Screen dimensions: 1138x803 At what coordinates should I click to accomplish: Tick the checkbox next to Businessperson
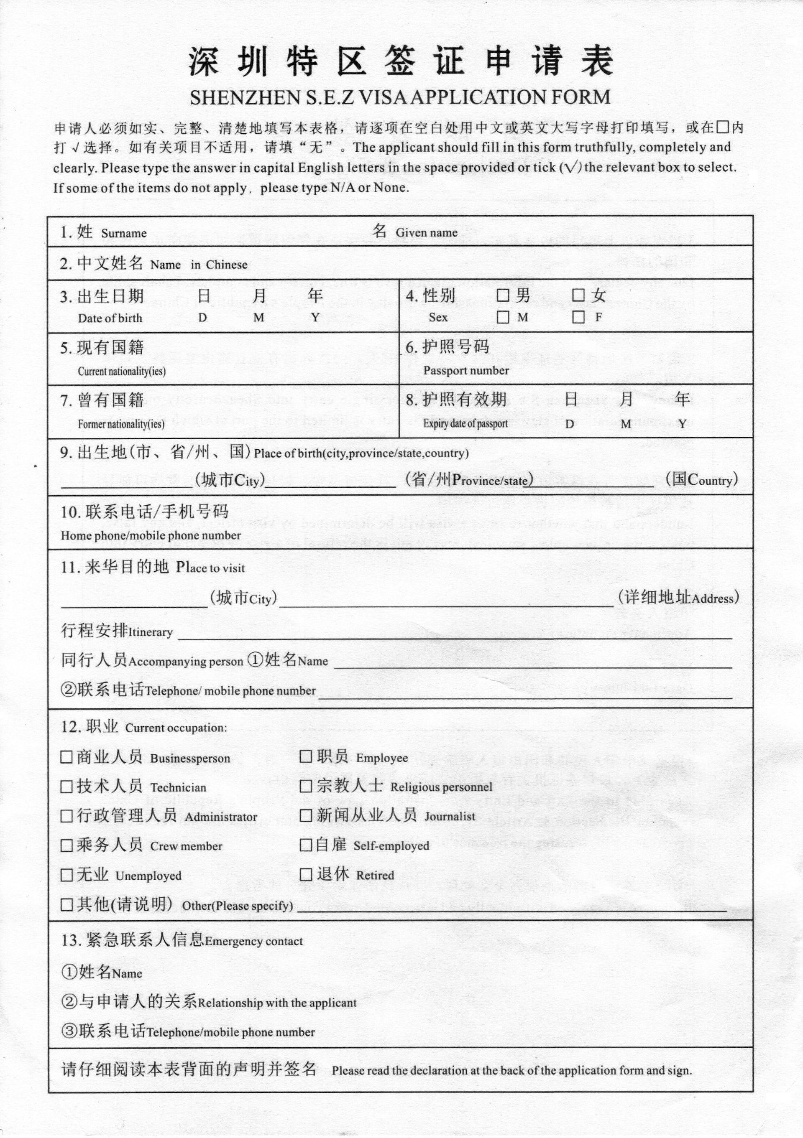[x=66, y=757]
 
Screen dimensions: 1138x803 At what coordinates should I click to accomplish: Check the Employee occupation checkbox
[x=306, y=756]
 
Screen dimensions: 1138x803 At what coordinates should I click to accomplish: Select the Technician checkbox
[x=66, y=787]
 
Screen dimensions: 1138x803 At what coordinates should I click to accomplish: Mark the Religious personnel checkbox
[x=306, y=786]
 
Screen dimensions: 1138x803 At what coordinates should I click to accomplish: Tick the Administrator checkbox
[x=66, y=816]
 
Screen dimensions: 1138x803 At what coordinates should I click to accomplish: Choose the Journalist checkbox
[x=306, y=815]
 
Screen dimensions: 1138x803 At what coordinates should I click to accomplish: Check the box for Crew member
[x=66, y=845]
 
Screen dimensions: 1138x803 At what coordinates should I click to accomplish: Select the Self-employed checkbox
[x=306, y=845]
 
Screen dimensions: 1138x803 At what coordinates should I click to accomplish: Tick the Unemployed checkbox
[x=66, y=875]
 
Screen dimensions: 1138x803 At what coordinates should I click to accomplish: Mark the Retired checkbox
[x=306, y=874]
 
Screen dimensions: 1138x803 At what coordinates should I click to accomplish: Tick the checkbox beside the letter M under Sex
[x=503, y=317]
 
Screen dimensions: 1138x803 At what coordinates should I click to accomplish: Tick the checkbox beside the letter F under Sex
[x=578, y=317]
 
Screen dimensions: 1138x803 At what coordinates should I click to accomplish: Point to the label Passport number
[x=466, y=371]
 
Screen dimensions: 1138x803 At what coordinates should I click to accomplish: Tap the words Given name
[x=427, y=232]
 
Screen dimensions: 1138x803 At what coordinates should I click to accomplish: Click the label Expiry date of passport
[x=465, y=423]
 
